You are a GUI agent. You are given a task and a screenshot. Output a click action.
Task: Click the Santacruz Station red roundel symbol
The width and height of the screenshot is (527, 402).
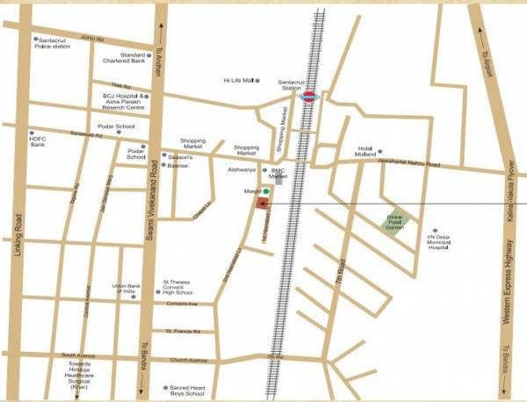tap(308, 97)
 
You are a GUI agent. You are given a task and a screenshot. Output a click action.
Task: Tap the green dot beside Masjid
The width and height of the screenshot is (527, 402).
tap(265, 190)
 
